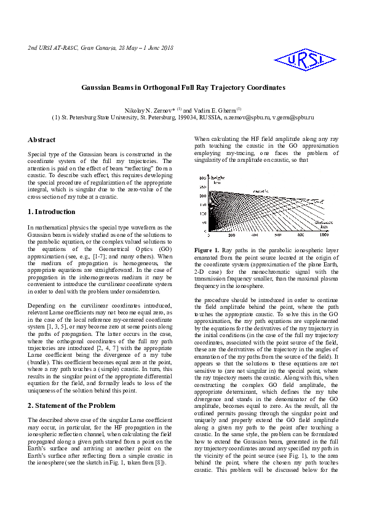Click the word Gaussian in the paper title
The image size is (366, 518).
tap(99, 88)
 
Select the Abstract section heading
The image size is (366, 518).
tap(42, 140)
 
